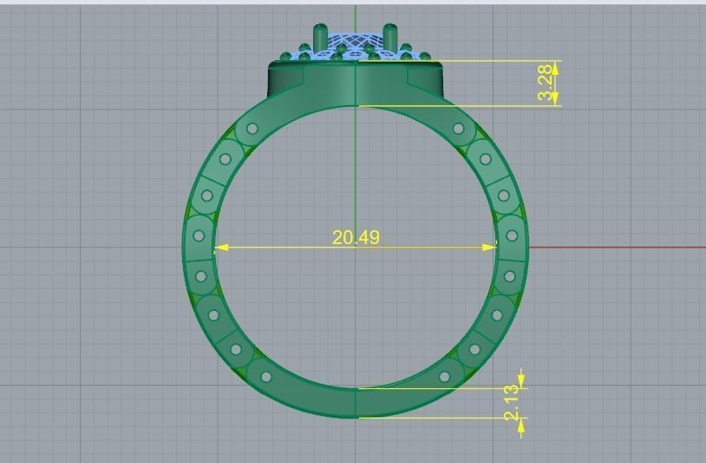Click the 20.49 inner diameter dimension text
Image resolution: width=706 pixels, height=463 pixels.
coord(356,237)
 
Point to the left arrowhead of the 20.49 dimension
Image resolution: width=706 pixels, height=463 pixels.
coord(221,248)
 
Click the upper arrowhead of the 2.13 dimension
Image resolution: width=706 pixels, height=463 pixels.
coord(520,380)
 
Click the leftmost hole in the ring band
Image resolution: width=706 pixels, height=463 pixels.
coord(199,235)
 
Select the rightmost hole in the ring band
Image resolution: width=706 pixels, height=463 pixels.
coord(512,235)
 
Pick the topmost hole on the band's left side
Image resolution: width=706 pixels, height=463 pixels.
coord(252,129)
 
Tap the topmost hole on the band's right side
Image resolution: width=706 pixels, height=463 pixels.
coord(458,129)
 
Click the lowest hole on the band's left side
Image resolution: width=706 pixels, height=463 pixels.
coord(266,377)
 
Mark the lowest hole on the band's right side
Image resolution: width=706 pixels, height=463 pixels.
coord(445,377)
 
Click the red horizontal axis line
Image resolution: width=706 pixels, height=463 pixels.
coord(616,248)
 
